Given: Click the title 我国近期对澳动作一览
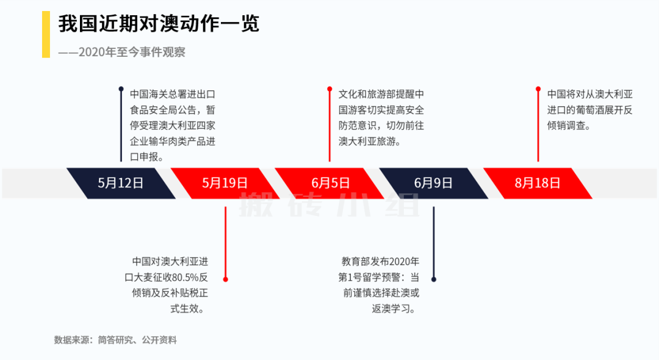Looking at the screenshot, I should tap(159, 24).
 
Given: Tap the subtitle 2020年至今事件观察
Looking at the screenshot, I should tap(131, 52).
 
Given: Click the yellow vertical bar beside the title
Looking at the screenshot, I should tap(46, 35).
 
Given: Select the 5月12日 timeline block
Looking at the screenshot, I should tap(121, 183).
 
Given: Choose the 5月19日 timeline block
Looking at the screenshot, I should tap(225, 183).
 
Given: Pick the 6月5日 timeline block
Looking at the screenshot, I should tap(330, 183).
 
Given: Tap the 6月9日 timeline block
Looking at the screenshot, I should tap(434, 183).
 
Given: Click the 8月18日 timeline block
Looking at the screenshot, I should tap(538, 183).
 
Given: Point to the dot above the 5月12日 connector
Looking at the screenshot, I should tap(121, 89).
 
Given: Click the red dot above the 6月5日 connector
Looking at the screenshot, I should tap(329, 89).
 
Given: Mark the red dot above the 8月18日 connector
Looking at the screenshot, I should tap(538, 89).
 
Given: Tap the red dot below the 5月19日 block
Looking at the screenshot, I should tap(225, 279).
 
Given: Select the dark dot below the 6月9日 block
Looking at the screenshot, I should tap(434, 279).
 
